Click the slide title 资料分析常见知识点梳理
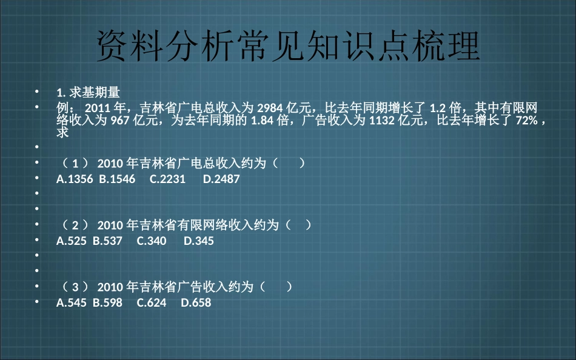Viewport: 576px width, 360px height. pyautogui.click(x=288, y=45)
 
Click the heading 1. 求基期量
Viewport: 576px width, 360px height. pyautogui.click(x=88, y=92)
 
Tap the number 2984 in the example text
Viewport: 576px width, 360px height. pyautogui.click(x=270, y=108)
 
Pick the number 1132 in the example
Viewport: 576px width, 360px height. pyautogui.click(x=382, y=120)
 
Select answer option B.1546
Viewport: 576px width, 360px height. pyautogui.click(x=117, y=179)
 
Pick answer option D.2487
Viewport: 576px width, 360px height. pyautogui.click(x=221, y=179)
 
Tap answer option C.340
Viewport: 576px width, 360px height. pyautogui.click(x=152, y=241)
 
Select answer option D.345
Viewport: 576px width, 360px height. pyautogui.click(x=199, y=241)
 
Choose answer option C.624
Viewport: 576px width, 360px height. pyautogui.click(x=152, y=303)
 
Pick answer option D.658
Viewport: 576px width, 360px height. pyautogui.click(x=196, y=303)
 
